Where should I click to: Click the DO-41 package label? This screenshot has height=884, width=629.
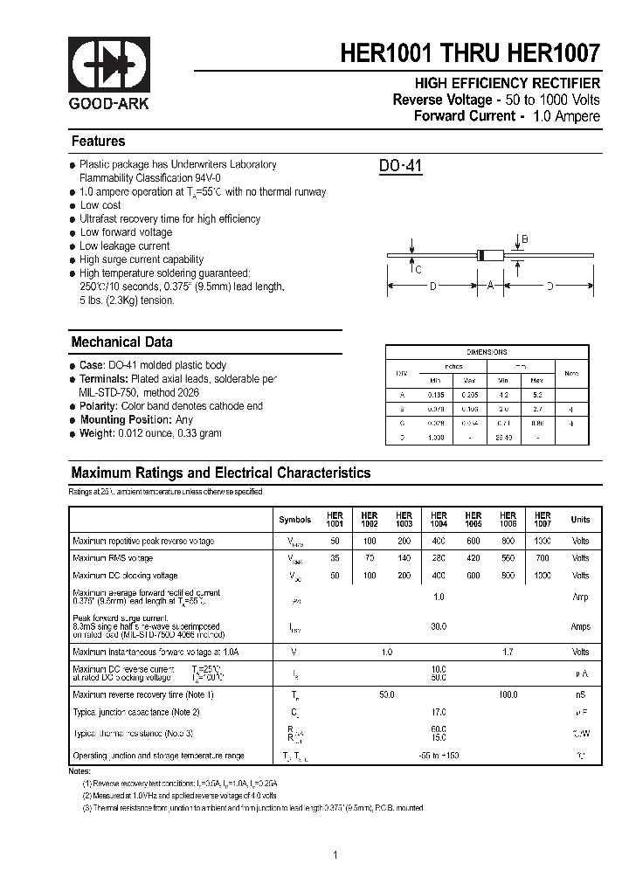401,166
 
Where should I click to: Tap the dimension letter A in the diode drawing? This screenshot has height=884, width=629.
491,284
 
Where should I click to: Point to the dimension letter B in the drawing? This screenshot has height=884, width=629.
524,238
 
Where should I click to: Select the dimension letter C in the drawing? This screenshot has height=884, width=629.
418,270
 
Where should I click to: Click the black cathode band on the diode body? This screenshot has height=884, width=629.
480,255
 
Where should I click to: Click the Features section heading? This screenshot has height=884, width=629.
98,142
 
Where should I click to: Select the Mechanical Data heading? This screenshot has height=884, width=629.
121,342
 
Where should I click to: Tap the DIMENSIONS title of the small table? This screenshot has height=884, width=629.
487,352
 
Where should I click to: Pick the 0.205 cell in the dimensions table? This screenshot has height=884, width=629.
469,395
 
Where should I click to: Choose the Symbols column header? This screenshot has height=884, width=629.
294,520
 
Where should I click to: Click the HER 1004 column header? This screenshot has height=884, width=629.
439,520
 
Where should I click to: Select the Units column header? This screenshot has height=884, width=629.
580,520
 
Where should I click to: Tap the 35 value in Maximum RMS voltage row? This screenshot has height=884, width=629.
335,558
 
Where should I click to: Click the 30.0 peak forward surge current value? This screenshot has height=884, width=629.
439,626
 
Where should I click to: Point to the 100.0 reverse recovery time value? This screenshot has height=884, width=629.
508,694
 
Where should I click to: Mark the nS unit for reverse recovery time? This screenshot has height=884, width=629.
580,694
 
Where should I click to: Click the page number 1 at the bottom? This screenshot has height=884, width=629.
335,854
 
